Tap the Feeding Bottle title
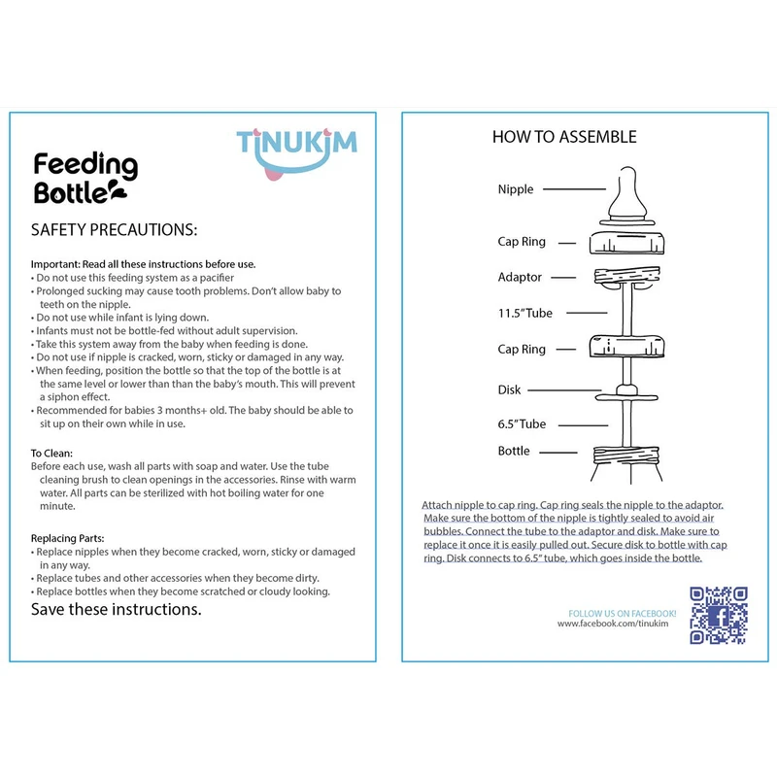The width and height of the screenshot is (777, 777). (x=85, y=178)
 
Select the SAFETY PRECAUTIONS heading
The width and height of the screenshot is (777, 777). (x=114, y=230)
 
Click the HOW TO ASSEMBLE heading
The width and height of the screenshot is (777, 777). (x=564, y=137)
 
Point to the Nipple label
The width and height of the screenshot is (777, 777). (x=516, y=189)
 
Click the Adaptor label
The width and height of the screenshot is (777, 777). (x=520, y=277)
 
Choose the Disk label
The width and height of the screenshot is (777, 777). (x=510, y=389)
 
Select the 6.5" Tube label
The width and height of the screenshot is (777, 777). (x=522, y=423)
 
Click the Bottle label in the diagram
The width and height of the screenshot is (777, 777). (x=514, y=451)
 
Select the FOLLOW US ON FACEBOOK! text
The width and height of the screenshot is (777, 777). (x=622, y=613)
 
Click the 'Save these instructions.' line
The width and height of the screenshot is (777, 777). (x=117, y=610)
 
